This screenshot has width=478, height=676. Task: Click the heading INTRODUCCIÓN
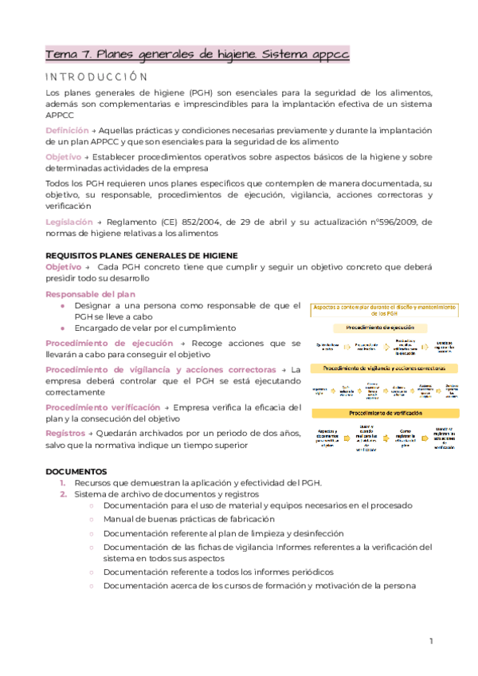pos(96,77)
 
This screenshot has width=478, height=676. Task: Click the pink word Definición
pos(67,130)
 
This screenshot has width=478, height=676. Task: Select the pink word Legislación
pos(69,222)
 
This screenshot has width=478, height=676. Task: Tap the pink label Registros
pos(65,433)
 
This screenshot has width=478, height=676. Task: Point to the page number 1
pos(430,641)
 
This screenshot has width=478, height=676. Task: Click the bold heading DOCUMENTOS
pos(76,471)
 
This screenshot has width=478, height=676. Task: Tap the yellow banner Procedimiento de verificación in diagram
pos(385,413)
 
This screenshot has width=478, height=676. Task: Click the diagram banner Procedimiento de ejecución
pos(385,327)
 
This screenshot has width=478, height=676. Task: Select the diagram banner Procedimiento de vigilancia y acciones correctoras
pos(385,368)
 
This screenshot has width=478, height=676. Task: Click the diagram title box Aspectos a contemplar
pos(385,310)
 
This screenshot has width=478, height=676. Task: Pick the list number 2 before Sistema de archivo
pos(63,494)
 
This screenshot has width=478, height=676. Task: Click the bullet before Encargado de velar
pos(63,328)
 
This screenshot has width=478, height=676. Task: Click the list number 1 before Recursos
pos(63,483)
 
